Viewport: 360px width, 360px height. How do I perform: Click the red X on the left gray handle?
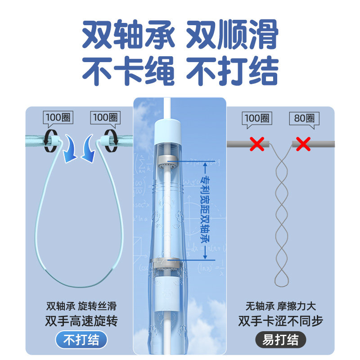click(x=257, y=144)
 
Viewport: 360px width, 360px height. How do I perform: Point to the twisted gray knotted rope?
click(x=280, y=216)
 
